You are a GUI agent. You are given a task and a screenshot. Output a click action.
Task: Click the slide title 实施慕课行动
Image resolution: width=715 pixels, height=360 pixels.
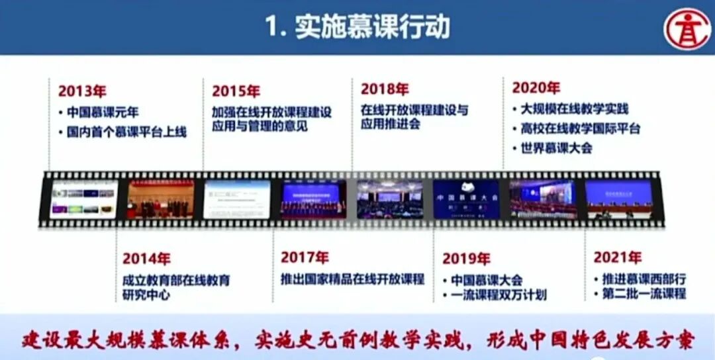tap(358, 27)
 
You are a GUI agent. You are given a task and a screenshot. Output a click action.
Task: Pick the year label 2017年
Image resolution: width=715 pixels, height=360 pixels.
tap(305, 257)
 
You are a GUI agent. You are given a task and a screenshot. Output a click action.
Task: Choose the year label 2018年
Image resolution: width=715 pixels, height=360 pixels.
tap(385, 89)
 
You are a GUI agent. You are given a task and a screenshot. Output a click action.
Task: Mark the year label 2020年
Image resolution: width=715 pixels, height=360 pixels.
tap(536, 87)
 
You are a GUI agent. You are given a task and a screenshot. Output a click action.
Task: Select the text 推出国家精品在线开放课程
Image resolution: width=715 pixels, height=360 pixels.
tap(352, 279)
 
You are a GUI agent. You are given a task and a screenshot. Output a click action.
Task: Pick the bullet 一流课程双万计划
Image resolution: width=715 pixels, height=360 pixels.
tap(499, 295)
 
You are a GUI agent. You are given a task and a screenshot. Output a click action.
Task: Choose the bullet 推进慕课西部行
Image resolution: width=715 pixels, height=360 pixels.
tap(639, 279)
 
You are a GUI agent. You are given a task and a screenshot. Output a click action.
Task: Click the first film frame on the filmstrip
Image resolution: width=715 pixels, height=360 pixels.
tap(83, 199)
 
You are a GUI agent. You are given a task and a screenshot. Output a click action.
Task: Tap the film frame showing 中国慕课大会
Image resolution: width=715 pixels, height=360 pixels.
tap(466, 199)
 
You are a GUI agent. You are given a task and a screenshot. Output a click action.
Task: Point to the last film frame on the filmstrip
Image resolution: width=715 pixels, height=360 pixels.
tap(619, 199)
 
